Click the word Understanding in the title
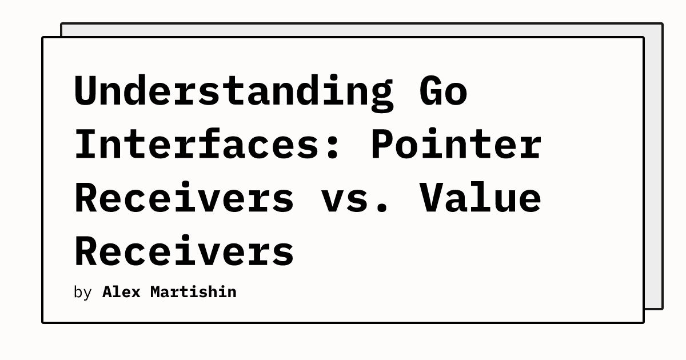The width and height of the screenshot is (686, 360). tap(234, 93)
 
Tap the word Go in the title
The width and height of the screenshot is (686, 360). tap(444, 91)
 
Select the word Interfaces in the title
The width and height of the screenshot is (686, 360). tap(197, 144)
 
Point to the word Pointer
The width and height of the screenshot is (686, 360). tap(457, 144)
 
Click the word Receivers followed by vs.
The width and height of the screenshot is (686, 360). tap(184, 198)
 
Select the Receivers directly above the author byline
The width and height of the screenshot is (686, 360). tap(184, 250)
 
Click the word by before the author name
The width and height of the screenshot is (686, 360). tap(83, 293)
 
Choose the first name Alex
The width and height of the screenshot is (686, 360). tap(121, 292)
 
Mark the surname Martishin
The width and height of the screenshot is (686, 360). tap(194, 292)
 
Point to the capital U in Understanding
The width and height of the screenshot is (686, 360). tap(87, 91)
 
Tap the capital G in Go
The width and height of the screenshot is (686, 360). tap(432, 91)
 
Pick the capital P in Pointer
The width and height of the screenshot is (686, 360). tap(382, 143)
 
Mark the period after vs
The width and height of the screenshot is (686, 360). tap(382, 207)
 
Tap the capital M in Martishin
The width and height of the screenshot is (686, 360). tap(157, 292)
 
